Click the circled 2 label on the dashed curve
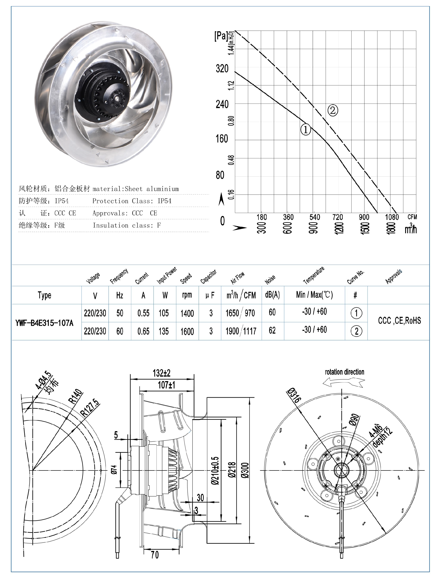(x=332, y=110)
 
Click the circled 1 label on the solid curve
(x=305, y=129)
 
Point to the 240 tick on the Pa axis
(x=222, y=104)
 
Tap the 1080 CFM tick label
(x=392, y=217)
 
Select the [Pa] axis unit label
(x=221, y=36)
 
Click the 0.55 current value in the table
(x=144, y=313)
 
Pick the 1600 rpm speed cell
(x=187, y=331)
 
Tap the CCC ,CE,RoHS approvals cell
(x=399, y=321)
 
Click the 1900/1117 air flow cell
(x=241, y=331)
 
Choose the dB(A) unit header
(x=272, y=295)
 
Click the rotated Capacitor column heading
(x=208, y=277)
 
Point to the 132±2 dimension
(x=161, y=373)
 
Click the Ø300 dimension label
(x=245, y=470)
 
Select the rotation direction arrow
(x=344, y=383)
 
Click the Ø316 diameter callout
(x=293, y=396)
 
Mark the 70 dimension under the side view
(x=155, y=555)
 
